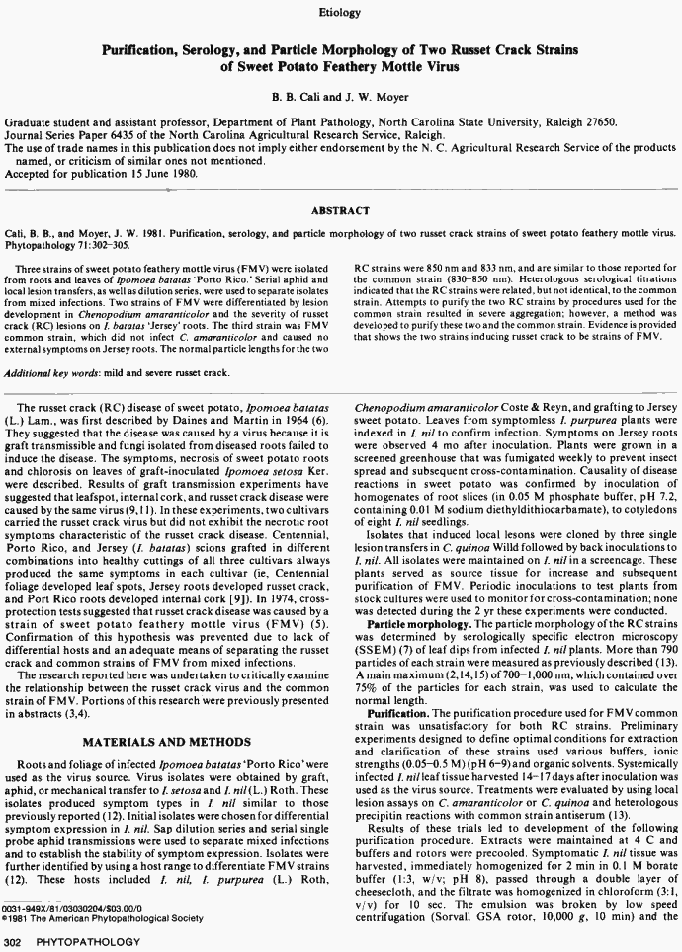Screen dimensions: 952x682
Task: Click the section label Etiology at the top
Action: pos(341,12)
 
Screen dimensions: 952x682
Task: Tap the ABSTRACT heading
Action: pos(341,210)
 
